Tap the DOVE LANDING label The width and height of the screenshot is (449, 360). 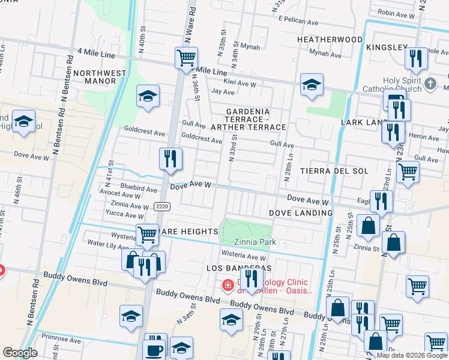(300, 213)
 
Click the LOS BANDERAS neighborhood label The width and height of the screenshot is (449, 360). (239, 267)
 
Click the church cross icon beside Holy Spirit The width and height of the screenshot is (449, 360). (430, 84)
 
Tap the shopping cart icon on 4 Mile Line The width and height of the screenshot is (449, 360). (186, 58)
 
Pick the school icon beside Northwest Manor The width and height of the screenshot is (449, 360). (148, 96)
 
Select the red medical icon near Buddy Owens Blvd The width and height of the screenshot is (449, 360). (228, 284)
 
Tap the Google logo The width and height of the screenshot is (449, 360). (20, 353)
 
